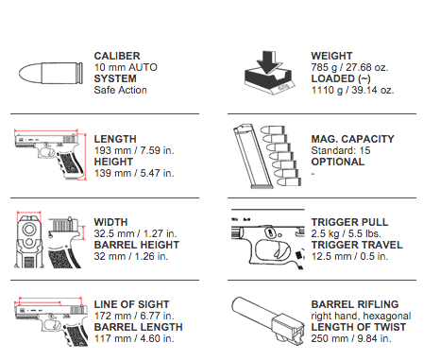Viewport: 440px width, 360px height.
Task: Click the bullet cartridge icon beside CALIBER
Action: pyautogui.click(x=46, y=73)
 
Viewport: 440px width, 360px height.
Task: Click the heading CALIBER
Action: pyautogui.click(x=117, y=56)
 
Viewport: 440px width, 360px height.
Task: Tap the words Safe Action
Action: pyautogui.click(x=119, y=90)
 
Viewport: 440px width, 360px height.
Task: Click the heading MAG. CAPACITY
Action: pyautogui.click(x=353, y=139)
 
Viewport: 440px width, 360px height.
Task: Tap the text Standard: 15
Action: pyautogui.click(x=341, y=150)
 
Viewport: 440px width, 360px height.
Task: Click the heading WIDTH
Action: pyautogui.click(x=111, y=222)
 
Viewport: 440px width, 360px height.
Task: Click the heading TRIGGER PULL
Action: pyautogui.click(x=349, y=222)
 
